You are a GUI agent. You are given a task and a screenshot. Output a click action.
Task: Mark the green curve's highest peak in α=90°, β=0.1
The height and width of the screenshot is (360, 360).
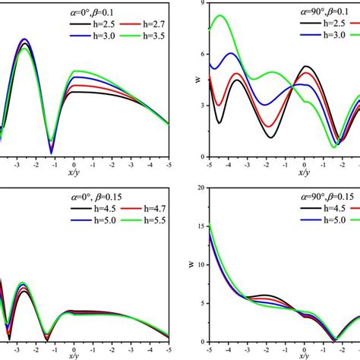pyautogui.click(x=220, y=15)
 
